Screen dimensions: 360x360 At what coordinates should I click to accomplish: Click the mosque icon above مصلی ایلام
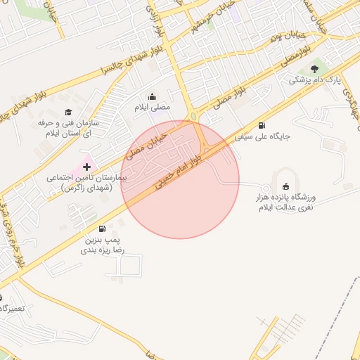tap(153, 97)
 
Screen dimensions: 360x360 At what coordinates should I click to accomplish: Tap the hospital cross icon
tap(86, 167)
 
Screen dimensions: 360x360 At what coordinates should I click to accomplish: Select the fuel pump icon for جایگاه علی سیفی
tap(262, 125)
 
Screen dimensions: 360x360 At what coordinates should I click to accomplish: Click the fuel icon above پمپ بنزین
tap(103, 229)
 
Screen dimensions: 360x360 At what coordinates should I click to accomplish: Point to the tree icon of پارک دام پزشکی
tap(314, 68)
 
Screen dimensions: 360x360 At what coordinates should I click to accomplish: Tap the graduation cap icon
tap(68, 112)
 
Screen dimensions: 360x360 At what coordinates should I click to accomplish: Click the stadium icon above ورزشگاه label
tap(285, 186)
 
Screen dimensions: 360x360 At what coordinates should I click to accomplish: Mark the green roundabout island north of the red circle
tap(193, 116)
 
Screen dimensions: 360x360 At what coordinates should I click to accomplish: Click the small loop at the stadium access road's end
tap(265, 188)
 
